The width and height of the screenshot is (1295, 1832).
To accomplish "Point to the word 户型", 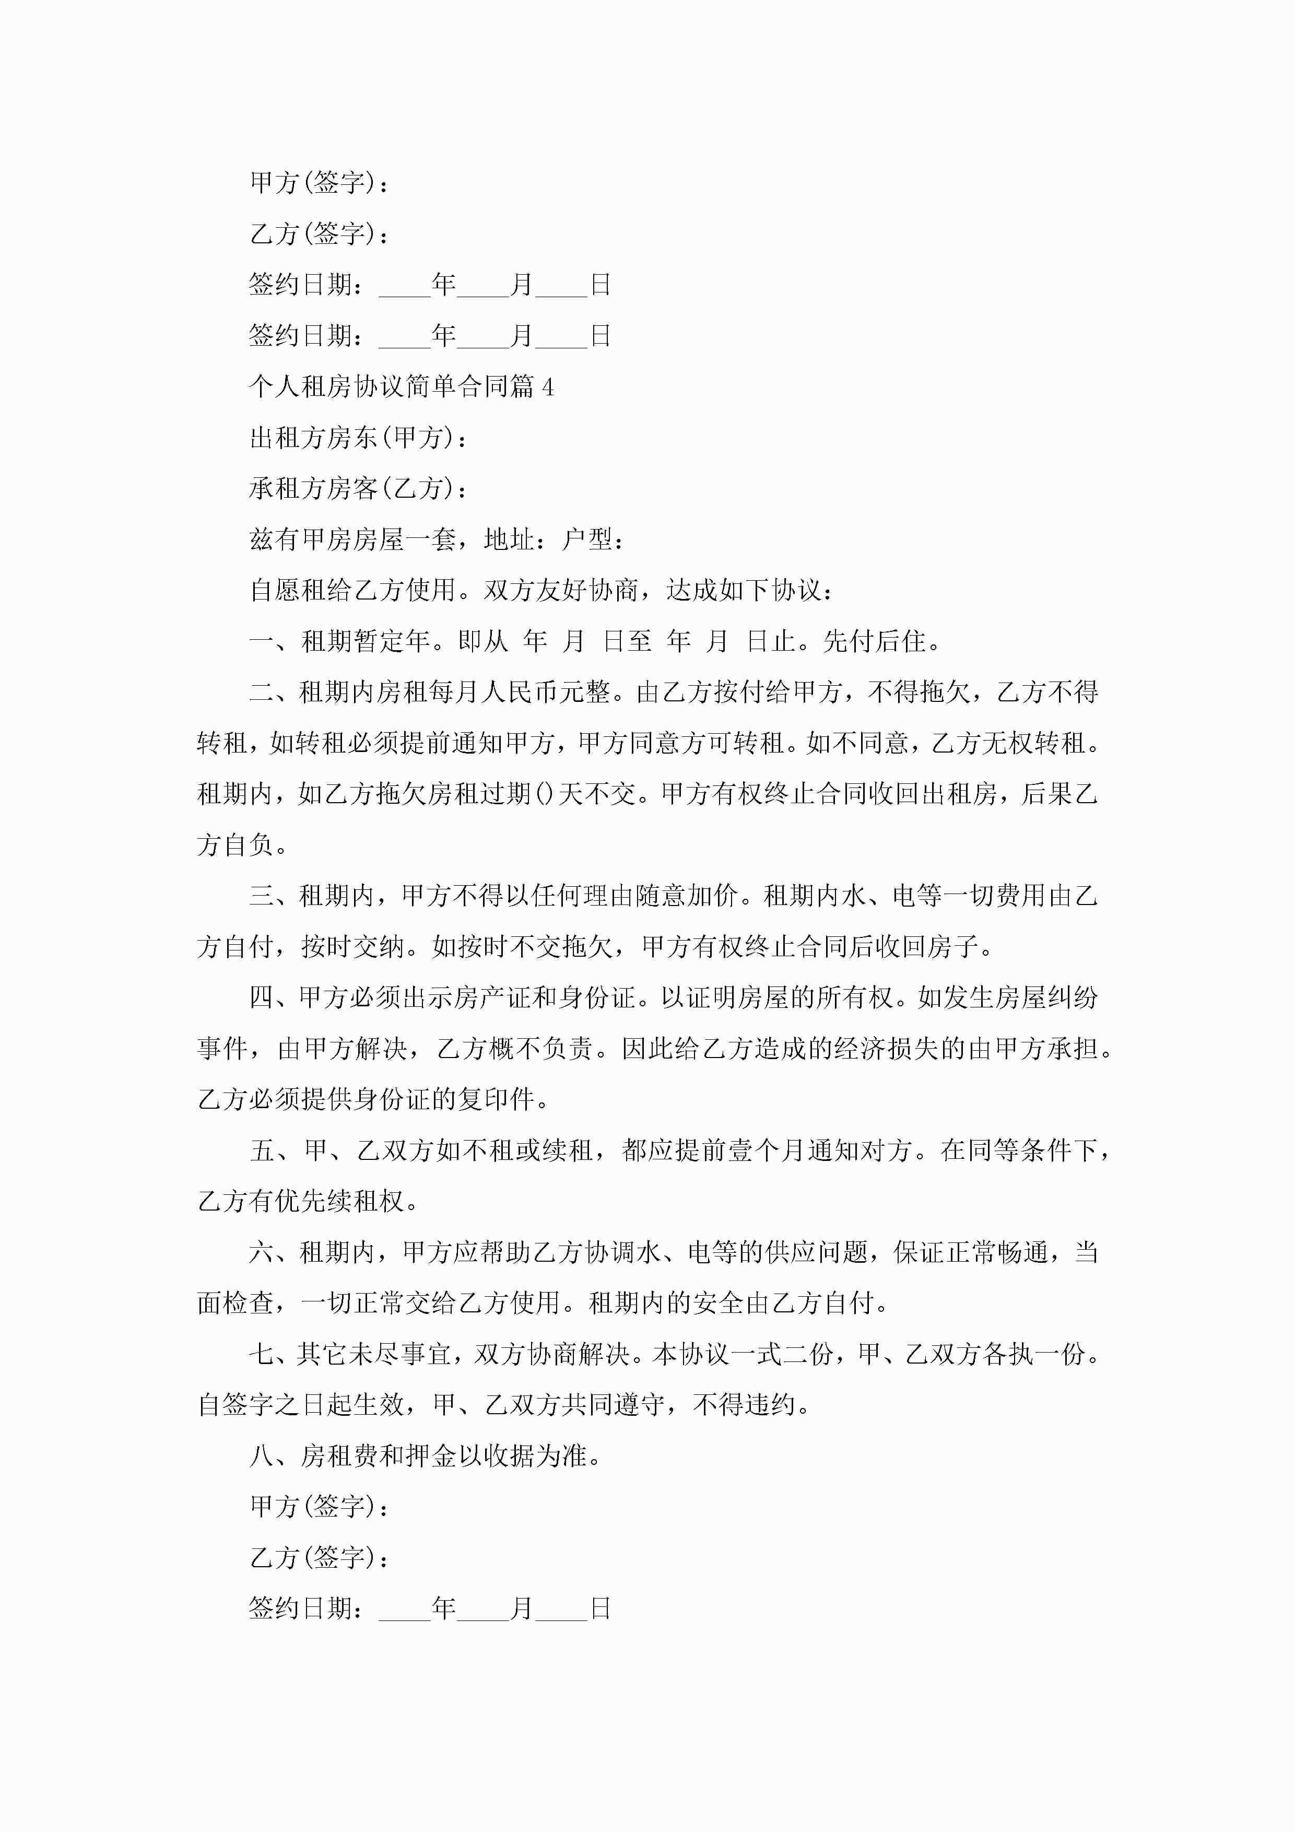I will click(x=587, y=540).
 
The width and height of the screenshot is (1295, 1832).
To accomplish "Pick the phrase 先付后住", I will click(x=874, y=641).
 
